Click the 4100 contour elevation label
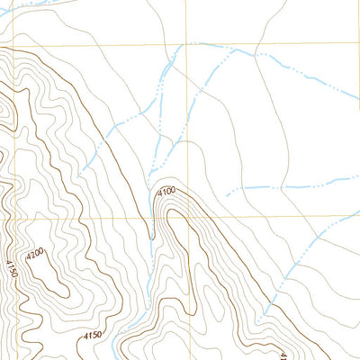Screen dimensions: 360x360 [166, 192]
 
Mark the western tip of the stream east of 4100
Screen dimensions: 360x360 [226, 193]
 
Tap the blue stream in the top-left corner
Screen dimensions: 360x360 [31, 4]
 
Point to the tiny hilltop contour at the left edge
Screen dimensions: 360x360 [4, 112]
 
